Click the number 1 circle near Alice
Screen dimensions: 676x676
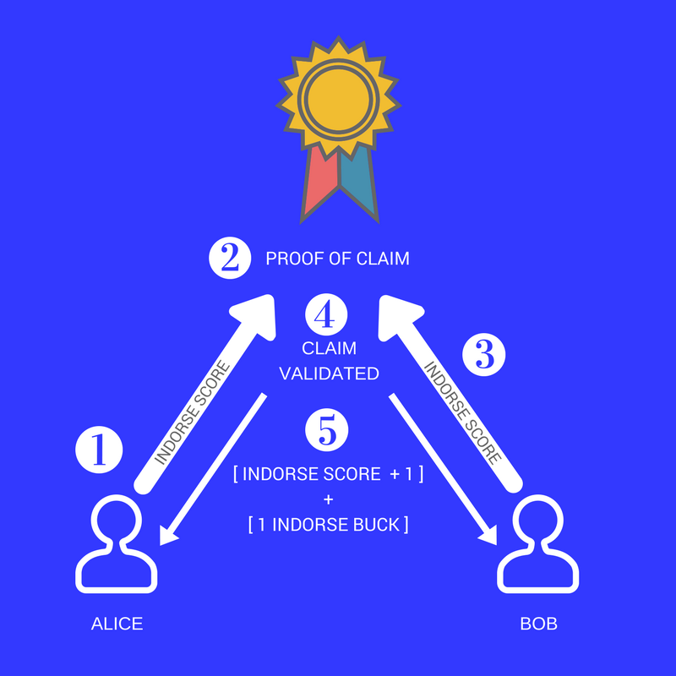[x=99, y=449]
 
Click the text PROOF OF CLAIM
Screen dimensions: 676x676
[x=337, y=259]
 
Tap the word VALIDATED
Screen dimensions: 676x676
[x=329, y=373]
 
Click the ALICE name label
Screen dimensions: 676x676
[x=117, y=624]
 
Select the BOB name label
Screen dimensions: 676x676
[x=539, y=624]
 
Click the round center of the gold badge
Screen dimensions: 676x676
[x=337, y=97]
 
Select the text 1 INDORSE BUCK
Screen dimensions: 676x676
[x=329, y=525]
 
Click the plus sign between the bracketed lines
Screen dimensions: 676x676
[x=328, y=499]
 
